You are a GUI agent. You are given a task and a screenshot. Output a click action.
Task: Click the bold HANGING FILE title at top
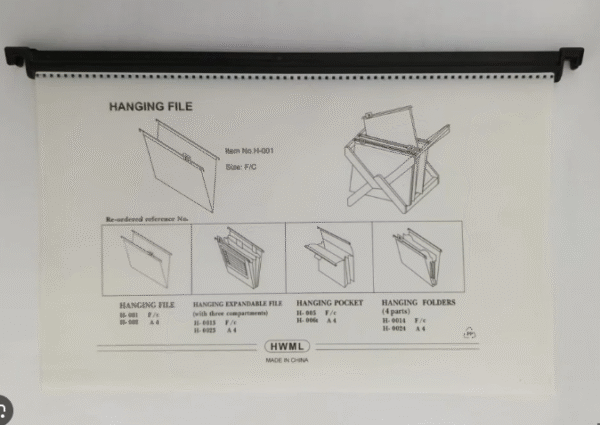tap(150, 105)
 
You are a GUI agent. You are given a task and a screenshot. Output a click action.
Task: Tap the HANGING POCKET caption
tap(329, 302)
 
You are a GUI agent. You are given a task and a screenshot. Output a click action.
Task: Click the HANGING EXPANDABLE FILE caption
tap(237, 302)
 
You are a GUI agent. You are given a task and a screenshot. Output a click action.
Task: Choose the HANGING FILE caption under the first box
tap(147, 302)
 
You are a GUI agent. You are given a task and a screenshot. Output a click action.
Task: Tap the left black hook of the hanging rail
tap(18, 59)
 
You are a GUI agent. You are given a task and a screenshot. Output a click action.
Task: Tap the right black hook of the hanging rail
tap(570, 59)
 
